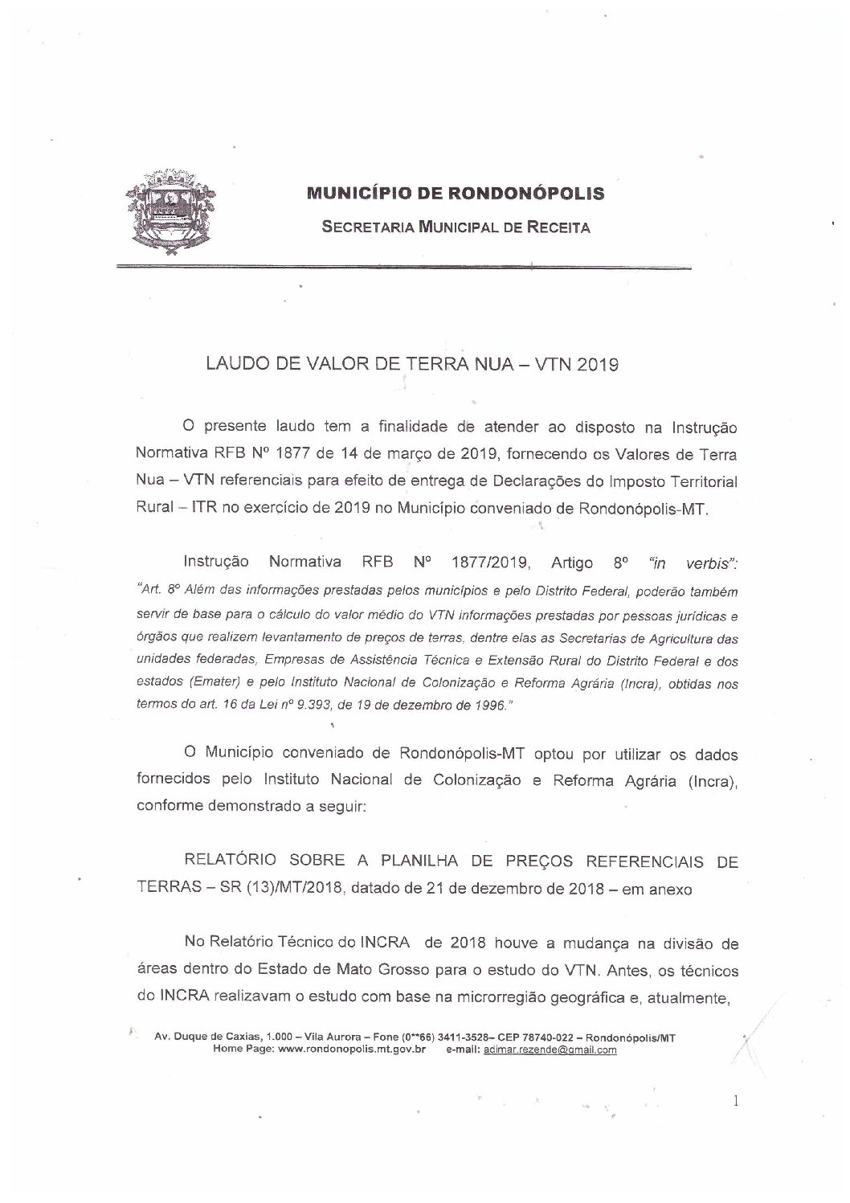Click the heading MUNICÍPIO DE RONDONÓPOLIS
pos(456,194)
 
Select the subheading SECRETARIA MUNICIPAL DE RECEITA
pos(456,227)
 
